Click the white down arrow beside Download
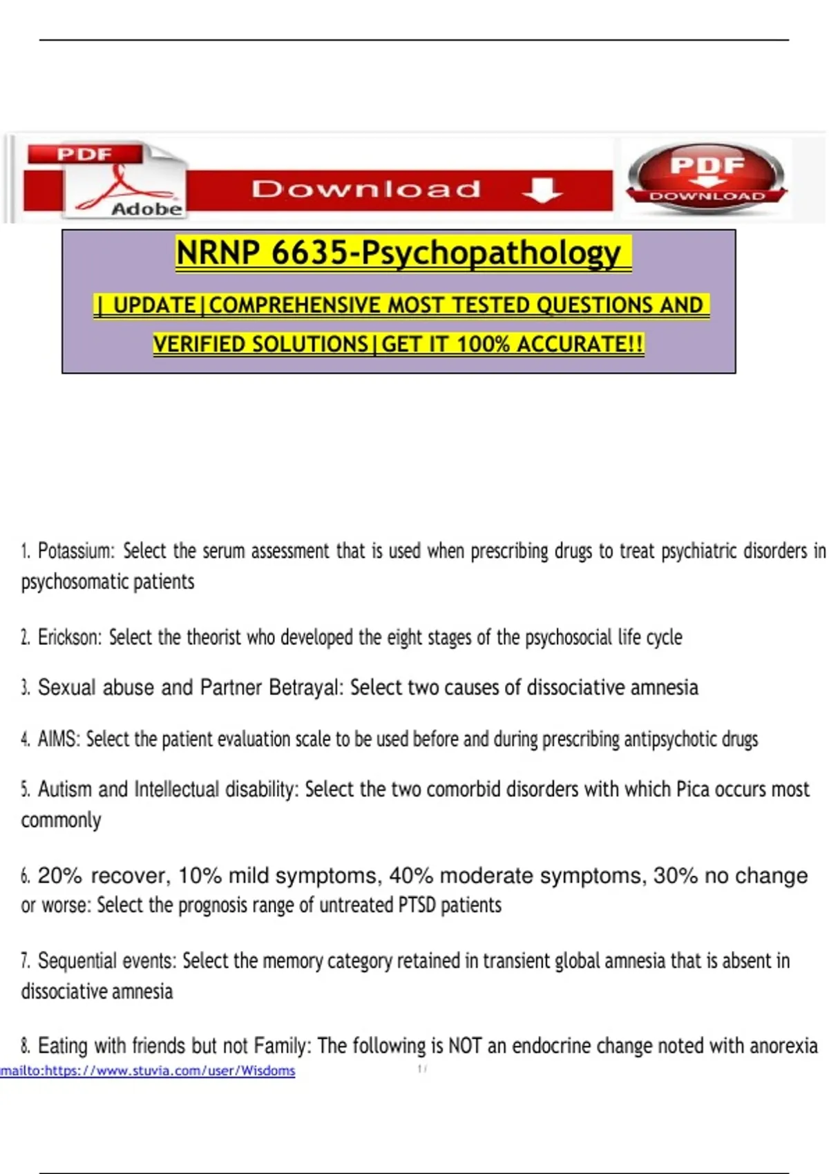click(542, 189)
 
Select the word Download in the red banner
click(365, 189)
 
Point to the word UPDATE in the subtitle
click(154, 305)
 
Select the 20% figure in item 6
click(59, 876)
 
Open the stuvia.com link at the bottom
click(148, 1070)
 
